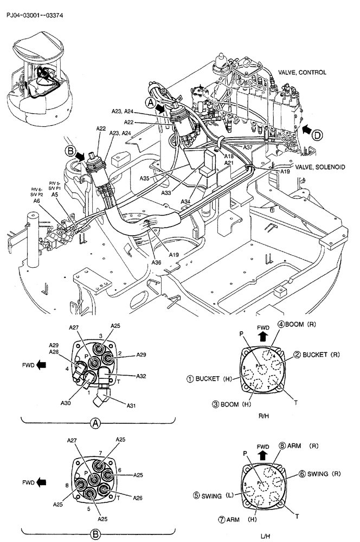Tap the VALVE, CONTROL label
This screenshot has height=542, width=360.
(x=302, y=72)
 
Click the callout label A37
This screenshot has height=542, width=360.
(x=247, y=147)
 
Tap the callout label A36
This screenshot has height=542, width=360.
(x=156, y=262)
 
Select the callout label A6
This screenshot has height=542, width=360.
(x=37, y=201)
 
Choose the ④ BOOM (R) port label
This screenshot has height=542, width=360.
(x=297, y=325)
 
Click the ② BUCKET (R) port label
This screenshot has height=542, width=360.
(x=318, y=354)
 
